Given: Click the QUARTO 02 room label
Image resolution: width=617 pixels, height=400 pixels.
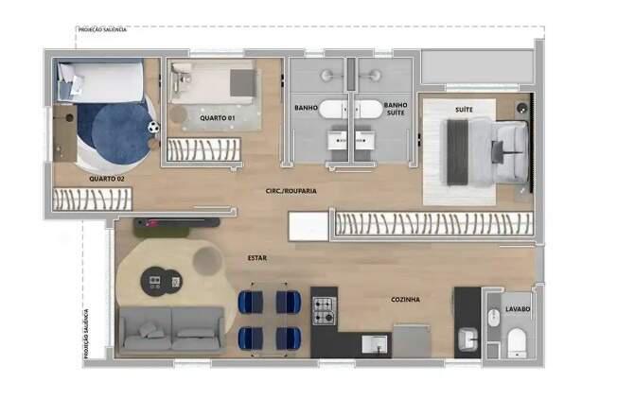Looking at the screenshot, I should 107,178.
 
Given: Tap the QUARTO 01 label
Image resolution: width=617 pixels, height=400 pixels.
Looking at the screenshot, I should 218,117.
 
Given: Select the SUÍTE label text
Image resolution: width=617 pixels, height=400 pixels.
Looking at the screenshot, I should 464,111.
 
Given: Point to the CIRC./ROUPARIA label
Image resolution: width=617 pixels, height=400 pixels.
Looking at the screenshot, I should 291,190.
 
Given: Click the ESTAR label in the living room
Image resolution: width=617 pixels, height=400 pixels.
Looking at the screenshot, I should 256,256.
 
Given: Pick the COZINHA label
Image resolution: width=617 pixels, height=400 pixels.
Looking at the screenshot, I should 405,300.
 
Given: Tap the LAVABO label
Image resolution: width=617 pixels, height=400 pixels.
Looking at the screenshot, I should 517,309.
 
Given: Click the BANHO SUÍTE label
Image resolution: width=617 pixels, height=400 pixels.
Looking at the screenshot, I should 396,109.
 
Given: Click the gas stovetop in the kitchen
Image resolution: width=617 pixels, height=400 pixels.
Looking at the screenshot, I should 324,307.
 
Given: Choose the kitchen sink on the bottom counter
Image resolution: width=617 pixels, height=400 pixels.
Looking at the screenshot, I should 376,343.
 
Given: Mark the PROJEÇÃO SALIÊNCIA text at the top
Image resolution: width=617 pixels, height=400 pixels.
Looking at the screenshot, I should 103,29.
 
